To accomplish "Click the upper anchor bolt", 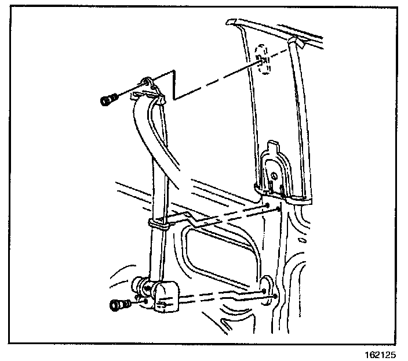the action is (x=108, y=101).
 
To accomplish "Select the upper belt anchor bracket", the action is (x=151, y=88).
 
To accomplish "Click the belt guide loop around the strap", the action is (x=159, y=223).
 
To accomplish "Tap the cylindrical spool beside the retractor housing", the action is (x=143, y=286).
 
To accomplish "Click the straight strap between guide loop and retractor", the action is (x=156, y=255).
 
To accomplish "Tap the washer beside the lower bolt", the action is (x=136, y=300).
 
